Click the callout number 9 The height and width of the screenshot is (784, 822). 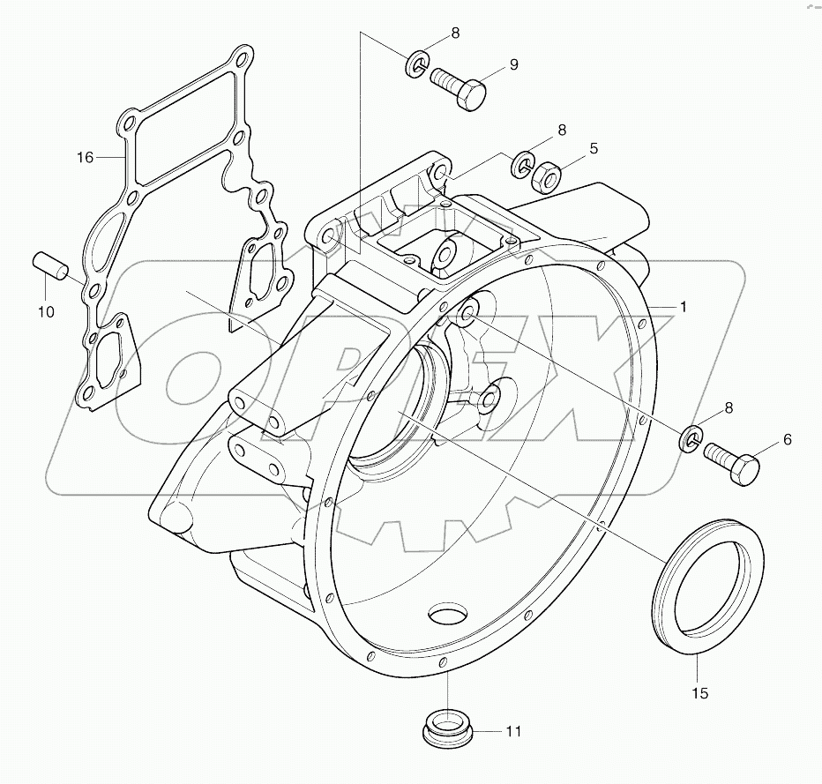coord(512,65)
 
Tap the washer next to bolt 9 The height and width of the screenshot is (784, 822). coord(418,63)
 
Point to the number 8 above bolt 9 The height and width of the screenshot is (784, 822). coord(455,34)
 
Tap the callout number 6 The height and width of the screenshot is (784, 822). coord(787,438)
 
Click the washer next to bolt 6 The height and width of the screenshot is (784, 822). coord(692,437)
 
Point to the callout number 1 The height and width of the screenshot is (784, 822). coord(682,306)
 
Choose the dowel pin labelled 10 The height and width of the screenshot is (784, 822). coord(48,265)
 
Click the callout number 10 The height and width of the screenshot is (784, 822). coord(45,311)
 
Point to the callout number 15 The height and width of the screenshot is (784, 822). coord(699,693)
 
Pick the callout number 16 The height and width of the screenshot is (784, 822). coord(85,158)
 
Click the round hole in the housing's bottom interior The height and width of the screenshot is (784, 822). coord(450,615)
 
